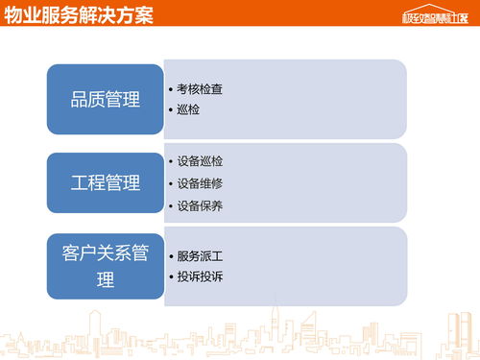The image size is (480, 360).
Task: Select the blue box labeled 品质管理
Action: click(105, 100)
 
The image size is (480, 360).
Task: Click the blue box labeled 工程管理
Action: click(105, 182)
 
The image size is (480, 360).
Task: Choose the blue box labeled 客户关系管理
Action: click(105, 266)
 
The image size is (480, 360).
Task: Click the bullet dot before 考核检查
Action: click(171, 89)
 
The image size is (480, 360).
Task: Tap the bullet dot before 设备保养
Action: click(171, 205)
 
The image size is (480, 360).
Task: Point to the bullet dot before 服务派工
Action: click(171, 256)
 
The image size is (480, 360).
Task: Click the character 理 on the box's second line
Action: click(106, 280)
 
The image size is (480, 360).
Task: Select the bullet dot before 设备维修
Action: click(171, 183)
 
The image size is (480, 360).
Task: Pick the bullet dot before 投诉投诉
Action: click(171, 276)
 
